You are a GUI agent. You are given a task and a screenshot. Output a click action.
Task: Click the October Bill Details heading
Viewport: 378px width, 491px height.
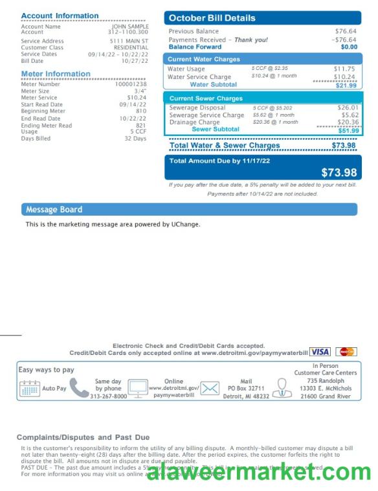point(212,18)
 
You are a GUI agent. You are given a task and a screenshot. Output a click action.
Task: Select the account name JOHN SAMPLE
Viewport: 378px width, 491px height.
point(130,27)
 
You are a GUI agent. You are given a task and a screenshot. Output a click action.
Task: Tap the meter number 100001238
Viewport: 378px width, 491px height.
point(131,84)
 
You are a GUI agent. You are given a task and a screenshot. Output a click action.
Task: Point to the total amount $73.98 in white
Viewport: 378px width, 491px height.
point(339,172)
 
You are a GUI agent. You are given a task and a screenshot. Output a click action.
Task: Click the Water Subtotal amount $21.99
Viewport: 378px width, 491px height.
point(346,86)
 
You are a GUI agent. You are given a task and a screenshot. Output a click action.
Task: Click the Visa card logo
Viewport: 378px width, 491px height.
point(320,352)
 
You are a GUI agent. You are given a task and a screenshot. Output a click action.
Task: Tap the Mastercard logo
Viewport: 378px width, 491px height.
point(347,352)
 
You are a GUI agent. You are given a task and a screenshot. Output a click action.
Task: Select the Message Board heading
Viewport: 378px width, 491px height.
point(54,210)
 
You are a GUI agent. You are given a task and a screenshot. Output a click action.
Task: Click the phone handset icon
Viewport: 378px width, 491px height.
point(79,387)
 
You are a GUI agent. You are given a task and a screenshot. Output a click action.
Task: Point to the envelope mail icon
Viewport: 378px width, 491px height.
point(209,389)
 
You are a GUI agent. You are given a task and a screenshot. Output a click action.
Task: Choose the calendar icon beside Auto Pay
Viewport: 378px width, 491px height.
point(30,389)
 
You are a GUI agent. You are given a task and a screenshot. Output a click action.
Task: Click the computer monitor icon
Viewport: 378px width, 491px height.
point(137,389)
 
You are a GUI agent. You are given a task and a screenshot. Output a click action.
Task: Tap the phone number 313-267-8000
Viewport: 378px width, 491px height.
point(108,396)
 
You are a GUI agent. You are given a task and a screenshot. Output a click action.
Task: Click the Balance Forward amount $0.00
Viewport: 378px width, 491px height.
point(349,47)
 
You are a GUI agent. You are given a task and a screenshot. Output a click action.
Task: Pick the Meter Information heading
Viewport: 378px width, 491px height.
point(56,74)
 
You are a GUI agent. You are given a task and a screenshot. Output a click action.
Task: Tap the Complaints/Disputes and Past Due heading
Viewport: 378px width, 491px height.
point(83,438)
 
